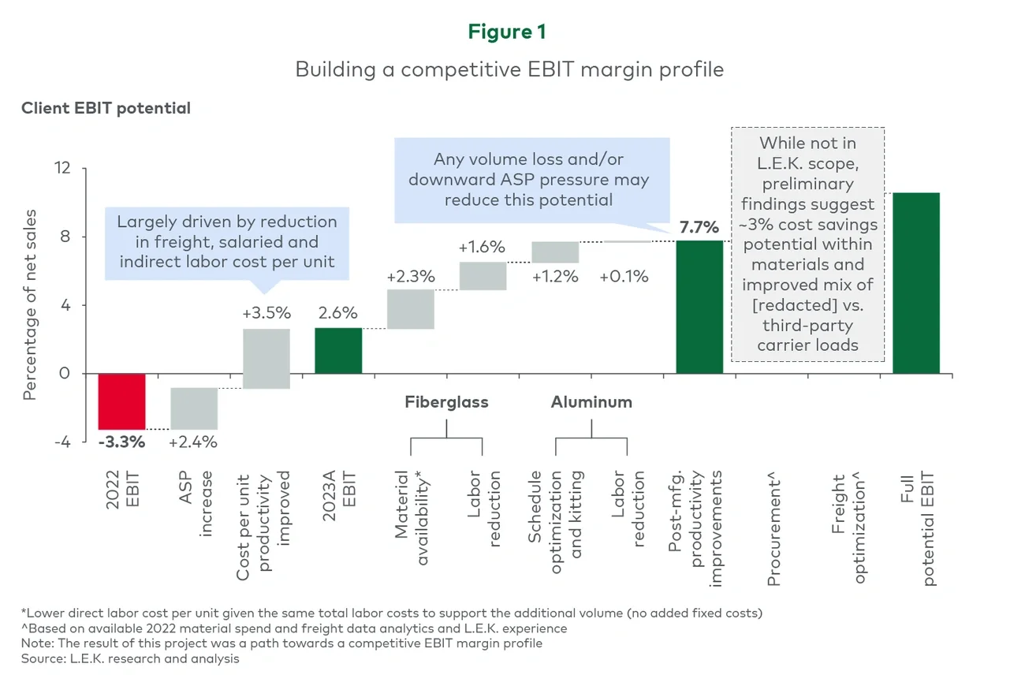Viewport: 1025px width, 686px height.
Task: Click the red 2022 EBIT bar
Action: (121, 401)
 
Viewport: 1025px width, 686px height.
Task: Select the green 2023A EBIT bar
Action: (338, 350)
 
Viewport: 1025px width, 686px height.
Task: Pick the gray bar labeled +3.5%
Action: (266, 359)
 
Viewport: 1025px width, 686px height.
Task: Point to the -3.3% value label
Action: (121, 442)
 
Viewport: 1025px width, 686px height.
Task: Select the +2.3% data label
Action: (410, 277)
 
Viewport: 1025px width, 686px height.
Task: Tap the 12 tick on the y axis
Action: (62, 169)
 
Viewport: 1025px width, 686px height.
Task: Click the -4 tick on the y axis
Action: (62, 442)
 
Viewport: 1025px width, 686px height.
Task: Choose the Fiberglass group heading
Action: (446, 402)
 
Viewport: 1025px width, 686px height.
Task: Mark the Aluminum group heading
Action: (591, 402)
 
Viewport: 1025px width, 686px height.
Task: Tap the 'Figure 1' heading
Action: (506, 32)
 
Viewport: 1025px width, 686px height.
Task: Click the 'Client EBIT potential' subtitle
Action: (106, 109)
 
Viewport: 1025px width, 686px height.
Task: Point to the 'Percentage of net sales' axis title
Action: (30, 305)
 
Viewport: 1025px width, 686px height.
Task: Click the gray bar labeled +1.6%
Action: (483, 276)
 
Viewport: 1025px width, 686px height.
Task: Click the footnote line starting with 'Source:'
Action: (130, 658)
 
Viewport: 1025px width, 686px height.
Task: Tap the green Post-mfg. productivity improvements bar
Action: (699, 307)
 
